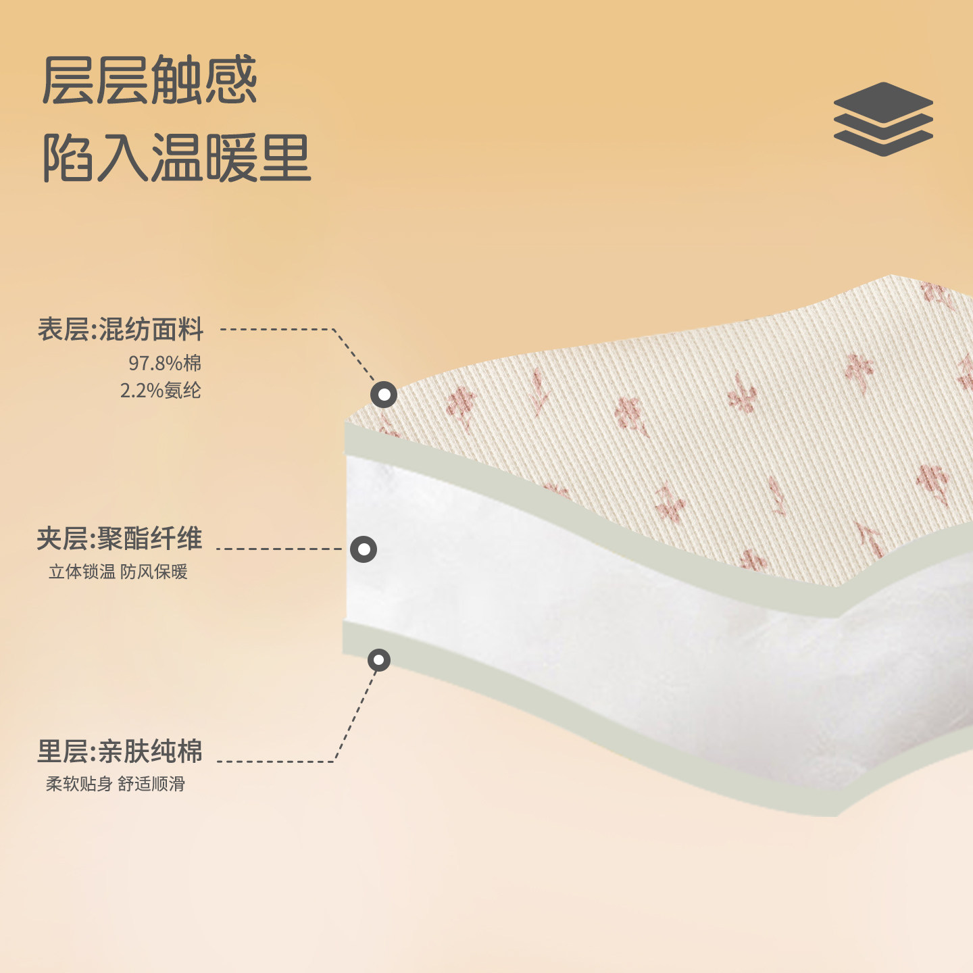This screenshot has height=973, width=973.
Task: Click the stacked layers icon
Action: pyautogui.click(x=883, y=120)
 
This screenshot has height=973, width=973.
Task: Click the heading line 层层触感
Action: pyautogui.click(x=149, y=80)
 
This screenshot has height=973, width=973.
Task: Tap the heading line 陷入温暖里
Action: pyautogui.click(x=176, y=158)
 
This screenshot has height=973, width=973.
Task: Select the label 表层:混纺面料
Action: pyautogui.click(x=120, y=330)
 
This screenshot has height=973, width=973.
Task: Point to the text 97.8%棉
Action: pyautogui.click(x=165, y=363)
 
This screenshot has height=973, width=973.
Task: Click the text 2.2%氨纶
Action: pyautogui.click(x=161, y=390)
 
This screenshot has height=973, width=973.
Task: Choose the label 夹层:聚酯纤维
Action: pyautogui.click(x=120, y=539)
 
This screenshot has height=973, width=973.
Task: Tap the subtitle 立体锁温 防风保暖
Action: pyautogui.click(x=118, y=572)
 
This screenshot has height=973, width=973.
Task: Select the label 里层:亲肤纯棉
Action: pyautogui.click(x=120, y=751)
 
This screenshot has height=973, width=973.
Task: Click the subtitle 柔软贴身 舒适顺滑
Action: pyautogui.click(x=116, y=784)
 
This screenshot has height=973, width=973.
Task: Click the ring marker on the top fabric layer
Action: pyautogui.click(x=384, y=394)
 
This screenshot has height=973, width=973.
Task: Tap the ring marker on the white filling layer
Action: pyautogui.click(x=364, y=549)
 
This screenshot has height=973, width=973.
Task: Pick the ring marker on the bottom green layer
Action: pyautogui.click(x=379, y=659)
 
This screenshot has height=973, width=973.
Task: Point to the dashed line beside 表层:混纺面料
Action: pyautogui.click(x=277, y=329)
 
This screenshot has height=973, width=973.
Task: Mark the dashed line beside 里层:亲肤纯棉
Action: pyautogui.click(x=277, y=762)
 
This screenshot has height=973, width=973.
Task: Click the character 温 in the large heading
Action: pyautogui.click(x=176, y=158)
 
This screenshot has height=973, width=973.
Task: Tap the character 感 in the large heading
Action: pyautogui.click(x=230, y=80)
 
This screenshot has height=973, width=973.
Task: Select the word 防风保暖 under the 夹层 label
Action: pyautogui.click(x=154, y=572)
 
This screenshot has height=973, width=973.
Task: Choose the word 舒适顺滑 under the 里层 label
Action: pyautogui.click(x=151, y=784)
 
